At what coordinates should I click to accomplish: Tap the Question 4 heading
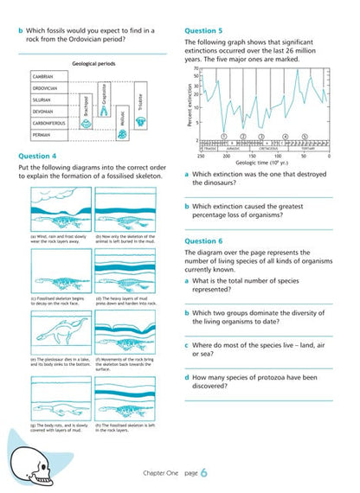37,156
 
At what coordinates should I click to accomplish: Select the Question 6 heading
203,240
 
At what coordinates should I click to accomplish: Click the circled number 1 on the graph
223,136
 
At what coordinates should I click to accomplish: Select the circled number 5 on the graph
305,136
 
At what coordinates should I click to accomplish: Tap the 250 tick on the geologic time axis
201,157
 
